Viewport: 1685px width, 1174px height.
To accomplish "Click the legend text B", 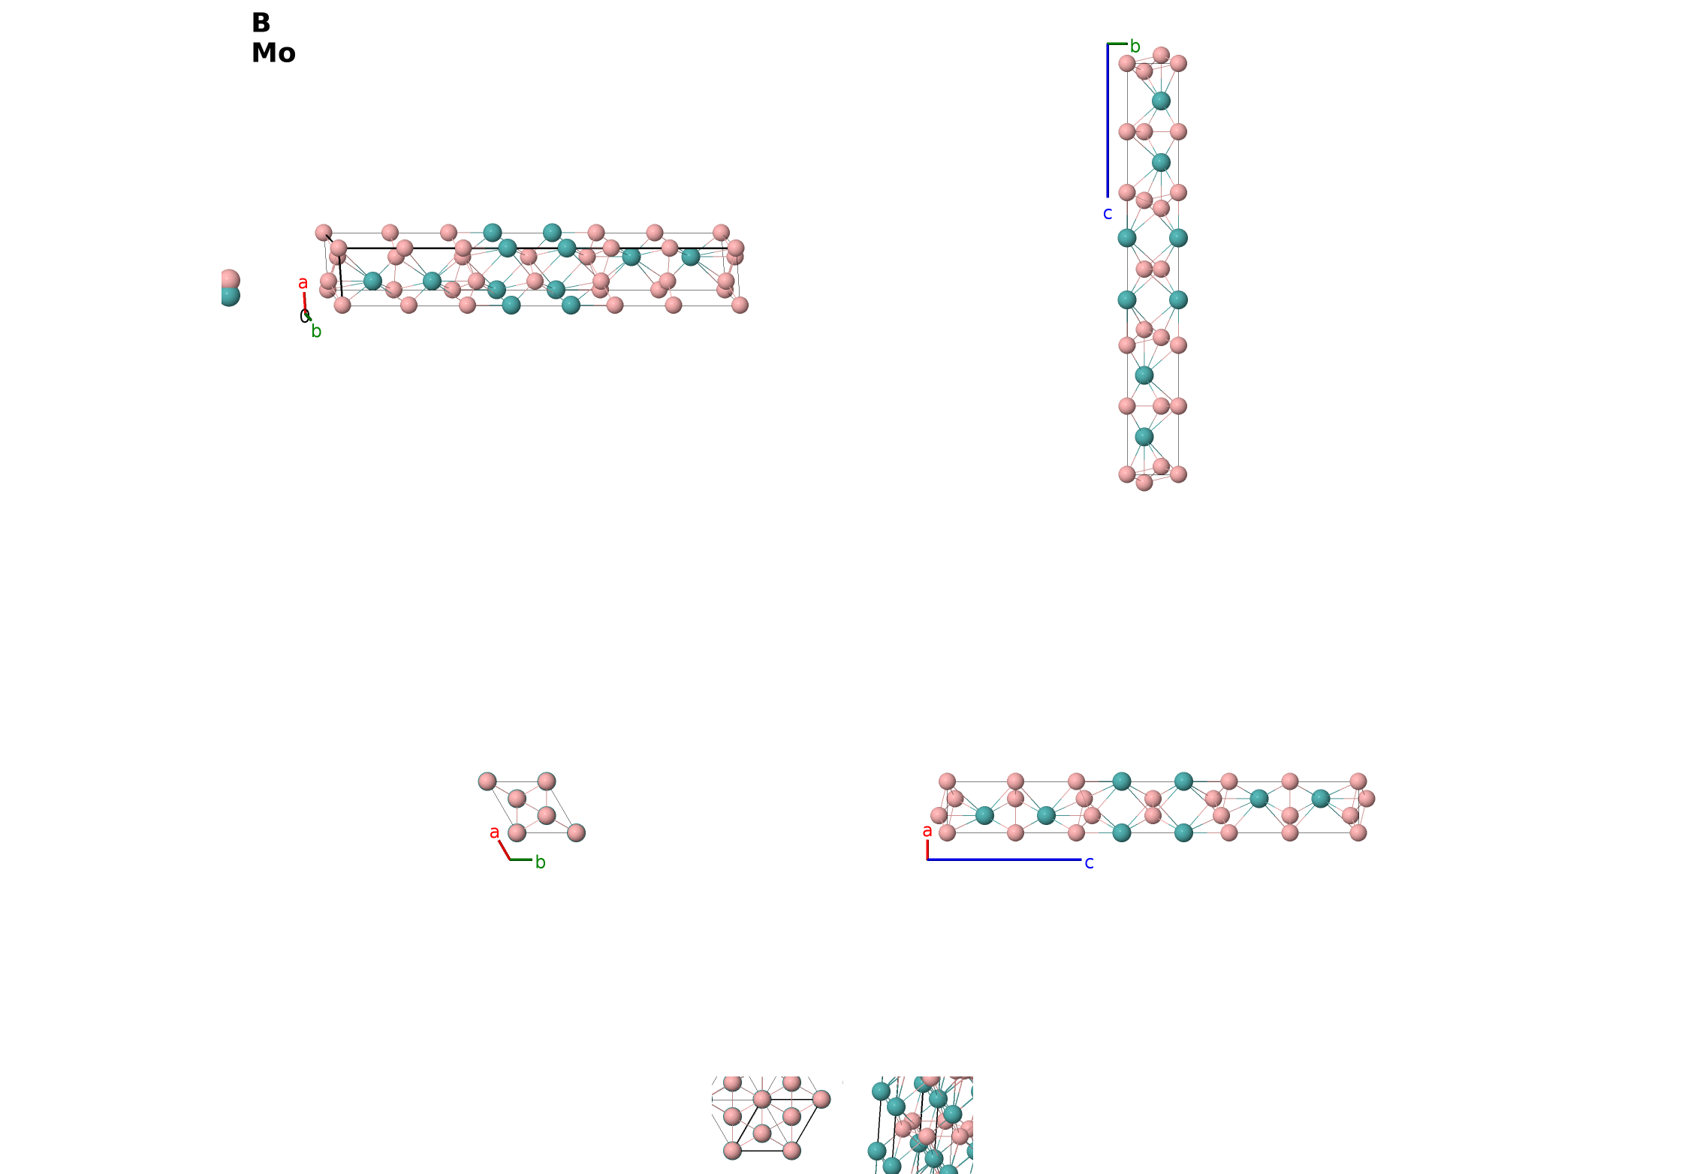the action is coord(261,23).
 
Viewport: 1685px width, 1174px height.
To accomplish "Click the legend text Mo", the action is coord(273,53).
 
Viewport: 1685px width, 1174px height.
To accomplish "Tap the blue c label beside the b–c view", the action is coord(1108,214).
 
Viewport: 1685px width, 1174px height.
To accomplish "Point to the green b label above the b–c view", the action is coord(1135,47).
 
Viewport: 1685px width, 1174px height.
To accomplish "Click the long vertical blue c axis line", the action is coord(1108,120).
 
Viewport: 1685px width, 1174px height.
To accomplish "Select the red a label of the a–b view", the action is coord(494,832).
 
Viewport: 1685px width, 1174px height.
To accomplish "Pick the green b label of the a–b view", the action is coord(541,862).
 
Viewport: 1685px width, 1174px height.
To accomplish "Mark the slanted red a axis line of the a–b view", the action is coord(505,850).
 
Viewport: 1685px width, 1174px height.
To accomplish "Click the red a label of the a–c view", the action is coord(927,831).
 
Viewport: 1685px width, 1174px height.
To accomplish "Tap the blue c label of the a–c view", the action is coord(1090,863).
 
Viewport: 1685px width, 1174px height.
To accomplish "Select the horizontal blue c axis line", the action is coord(1005,859).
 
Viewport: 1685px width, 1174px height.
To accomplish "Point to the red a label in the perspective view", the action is coord(303,283).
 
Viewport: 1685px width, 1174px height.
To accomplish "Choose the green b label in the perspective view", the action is coord(317,332).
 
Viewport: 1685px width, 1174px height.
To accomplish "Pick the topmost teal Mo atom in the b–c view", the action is coord(1161,101).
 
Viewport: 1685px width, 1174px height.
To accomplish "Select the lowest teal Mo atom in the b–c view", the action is coord(1144,437).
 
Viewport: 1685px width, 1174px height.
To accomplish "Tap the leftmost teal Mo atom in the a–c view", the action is coord(984,815).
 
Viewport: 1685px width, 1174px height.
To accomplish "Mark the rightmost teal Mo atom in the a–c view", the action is coord(1321,799).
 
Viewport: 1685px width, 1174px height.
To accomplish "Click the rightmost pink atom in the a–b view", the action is coord(576,832).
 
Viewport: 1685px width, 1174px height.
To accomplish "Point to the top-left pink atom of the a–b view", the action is coord(487,781).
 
